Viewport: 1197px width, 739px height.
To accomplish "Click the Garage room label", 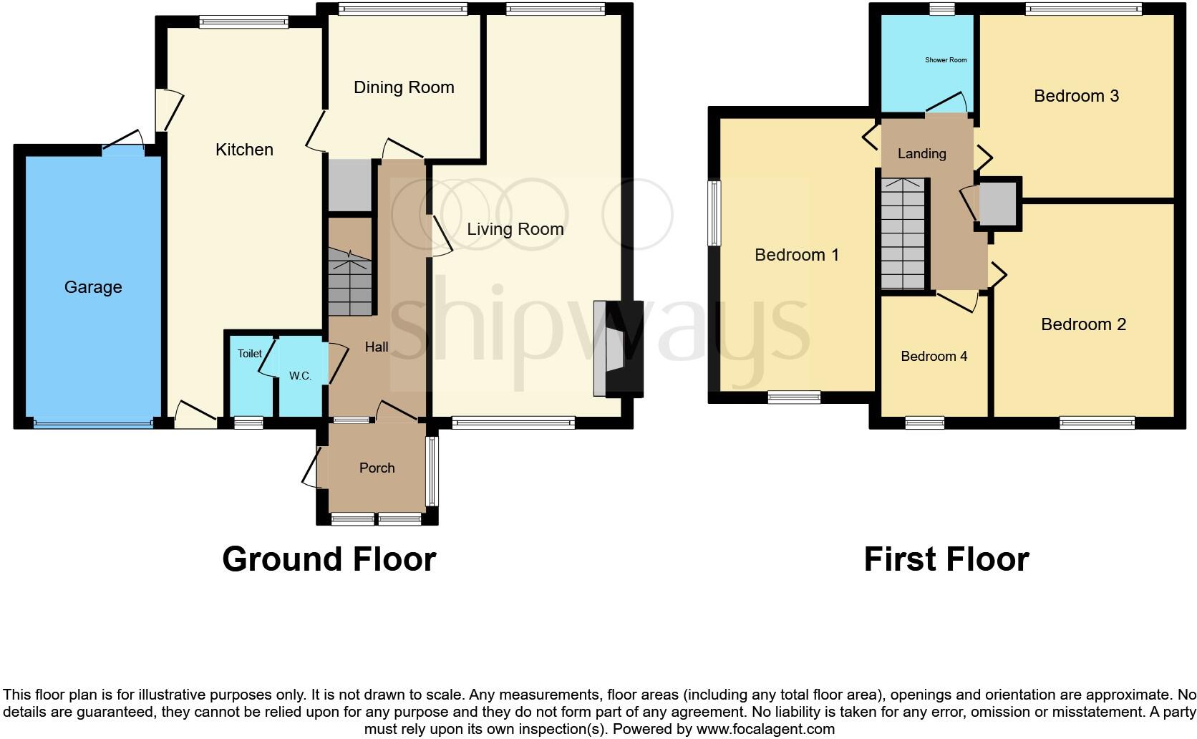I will click(x=93, y=287).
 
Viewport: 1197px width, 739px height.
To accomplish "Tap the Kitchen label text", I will click(x=244, y=150).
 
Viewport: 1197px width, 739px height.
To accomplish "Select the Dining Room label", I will click(x=404, y=87).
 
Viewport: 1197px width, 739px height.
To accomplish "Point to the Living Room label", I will click(x=515, y=229).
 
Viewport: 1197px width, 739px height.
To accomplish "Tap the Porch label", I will click(x=377, y=468).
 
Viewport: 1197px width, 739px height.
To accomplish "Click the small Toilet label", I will click(x=250, y=354).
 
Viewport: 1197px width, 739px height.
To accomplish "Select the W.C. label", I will click(x=300, y=376).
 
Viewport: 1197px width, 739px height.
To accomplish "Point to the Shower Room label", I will click(x=946, y=60).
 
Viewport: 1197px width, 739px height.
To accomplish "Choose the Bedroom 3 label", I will click(x=1076, y=96).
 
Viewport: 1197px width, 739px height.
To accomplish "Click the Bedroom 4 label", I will click(x=934, y=357).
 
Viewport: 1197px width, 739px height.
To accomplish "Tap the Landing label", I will click(x=921, y=154).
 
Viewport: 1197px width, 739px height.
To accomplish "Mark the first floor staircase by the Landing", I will click(x=903, y=233).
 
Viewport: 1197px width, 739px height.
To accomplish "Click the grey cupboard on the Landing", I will click(x=998, y=203).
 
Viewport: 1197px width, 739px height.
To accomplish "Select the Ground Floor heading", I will click(x=329, y=559).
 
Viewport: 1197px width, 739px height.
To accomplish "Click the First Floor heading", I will click(x=946, y=559).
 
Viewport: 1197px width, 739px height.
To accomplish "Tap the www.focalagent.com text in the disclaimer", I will click(x=765, y=730).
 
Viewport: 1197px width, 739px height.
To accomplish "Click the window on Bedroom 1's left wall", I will click(x=714, y=213).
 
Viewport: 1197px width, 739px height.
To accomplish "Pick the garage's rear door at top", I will click(x=123, y=148).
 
